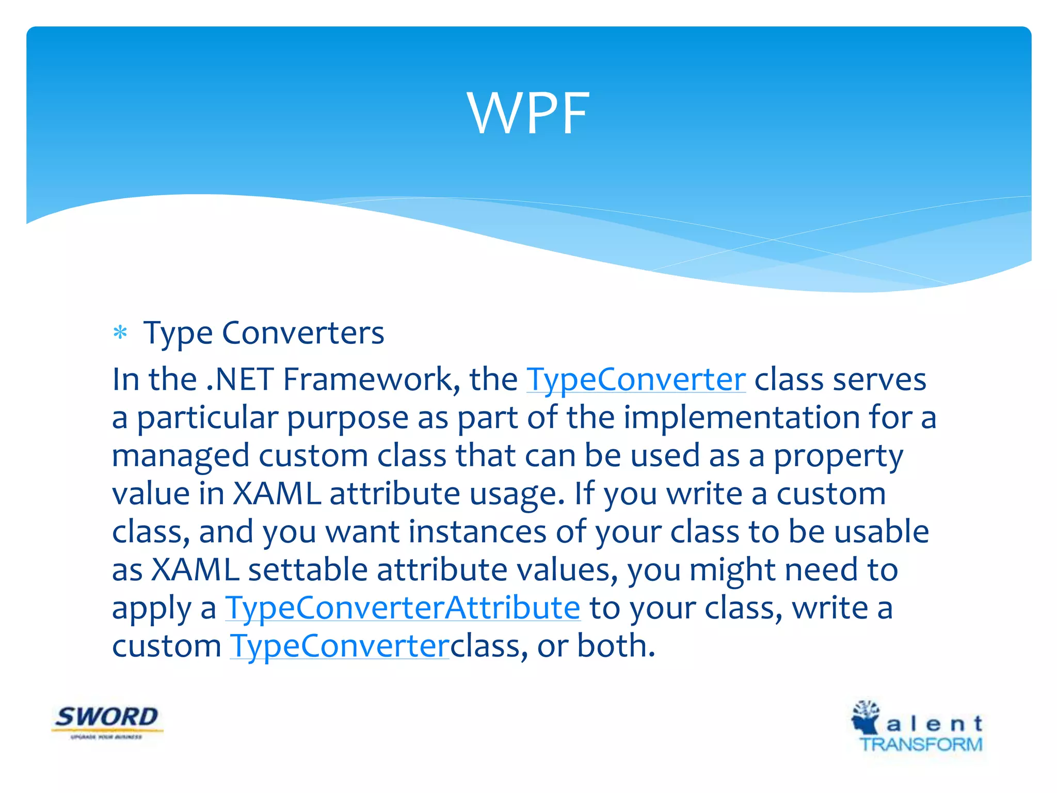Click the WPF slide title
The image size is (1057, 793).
(x=528, y=114)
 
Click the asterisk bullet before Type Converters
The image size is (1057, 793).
(x=120, y=333)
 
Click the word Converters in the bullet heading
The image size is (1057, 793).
(x=303, y=333)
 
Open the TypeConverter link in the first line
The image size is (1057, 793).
(x=636, y=380)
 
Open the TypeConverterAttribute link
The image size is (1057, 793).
(x=403, y=608)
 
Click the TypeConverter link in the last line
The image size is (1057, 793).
(x=340, y=646)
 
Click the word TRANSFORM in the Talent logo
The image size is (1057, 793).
(x=921, y=744)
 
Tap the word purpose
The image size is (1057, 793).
(x=347, y=419)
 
